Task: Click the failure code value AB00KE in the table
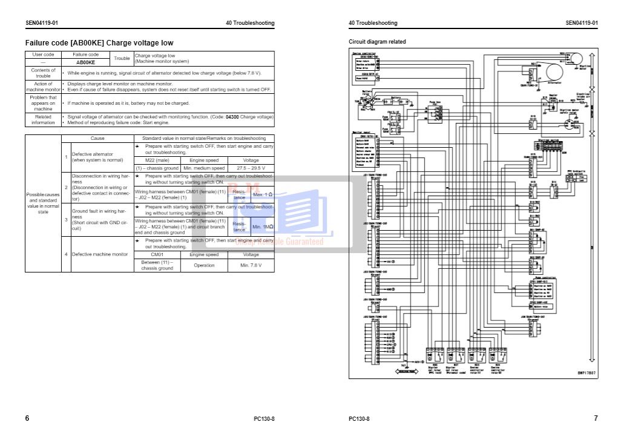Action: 85,62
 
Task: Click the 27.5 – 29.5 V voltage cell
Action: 250,168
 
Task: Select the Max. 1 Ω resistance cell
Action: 263,194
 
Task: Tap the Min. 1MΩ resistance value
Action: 263,226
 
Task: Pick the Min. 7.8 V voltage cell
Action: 250,265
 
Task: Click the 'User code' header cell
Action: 43,54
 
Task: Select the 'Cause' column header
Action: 97,138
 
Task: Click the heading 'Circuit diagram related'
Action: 377,42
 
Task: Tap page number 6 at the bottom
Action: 27,418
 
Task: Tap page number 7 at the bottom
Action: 595,418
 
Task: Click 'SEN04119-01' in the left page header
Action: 42,23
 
